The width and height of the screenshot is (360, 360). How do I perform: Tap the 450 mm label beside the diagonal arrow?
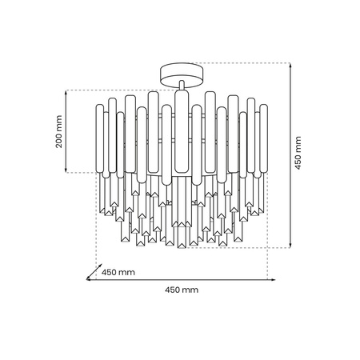[x=118, y=273]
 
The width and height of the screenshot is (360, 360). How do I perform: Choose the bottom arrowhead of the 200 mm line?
[x=67, y=170]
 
